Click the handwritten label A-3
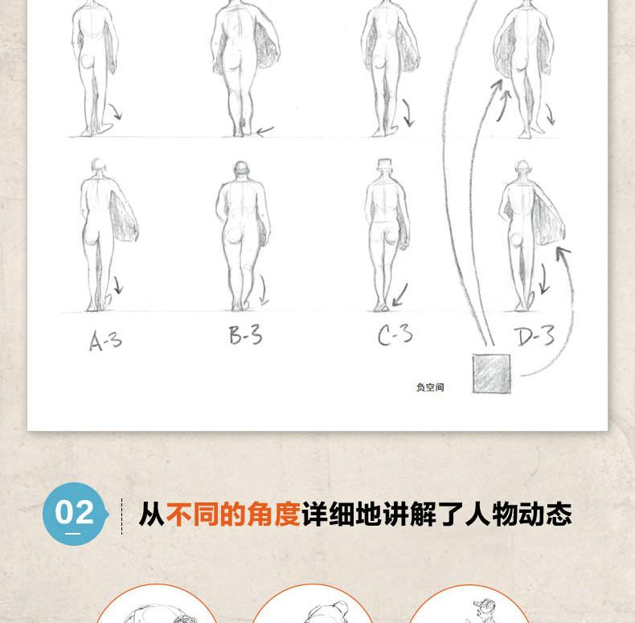point(105,340)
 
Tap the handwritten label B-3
point(245,334)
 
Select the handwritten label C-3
point(395,335)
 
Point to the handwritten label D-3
point(535,336)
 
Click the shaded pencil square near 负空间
point(491,374)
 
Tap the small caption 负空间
point(430,387)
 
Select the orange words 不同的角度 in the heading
point(233,514)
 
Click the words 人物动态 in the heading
point(518,514)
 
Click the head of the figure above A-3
point(98,166)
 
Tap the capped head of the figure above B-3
point(241,169)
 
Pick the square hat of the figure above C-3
point(384,164)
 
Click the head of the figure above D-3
point(522,167)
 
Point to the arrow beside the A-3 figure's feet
point(117,285)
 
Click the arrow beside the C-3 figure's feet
point(400,295)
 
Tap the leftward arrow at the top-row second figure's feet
point(265,131)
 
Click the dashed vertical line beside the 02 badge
point(121,516)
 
